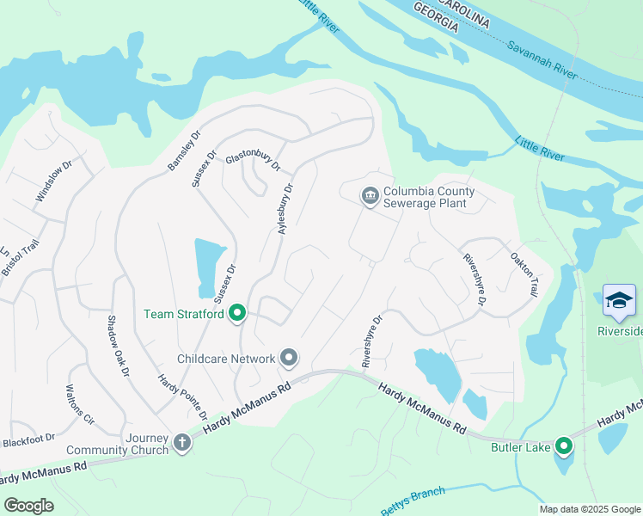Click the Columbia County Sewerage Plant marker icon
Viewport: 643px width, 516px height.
[370, 197]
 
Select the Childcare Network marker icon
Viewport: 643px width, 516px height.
[290, 358]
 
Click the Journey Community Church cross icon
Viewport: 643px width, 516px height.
[181, 443]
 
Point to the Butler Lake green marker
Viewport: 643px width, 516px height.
[564, 446]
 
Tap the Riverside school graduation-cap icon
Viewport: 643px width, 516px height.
[619, 301]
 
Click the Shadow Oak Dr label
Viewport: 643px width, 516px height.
[118, 347]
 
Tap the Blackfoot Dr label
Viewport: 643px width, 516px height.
[28, 440]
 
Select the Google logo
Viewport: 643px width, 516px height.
[28, 506]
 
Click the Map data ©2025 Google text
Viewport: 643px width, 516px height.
[589, 509]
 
